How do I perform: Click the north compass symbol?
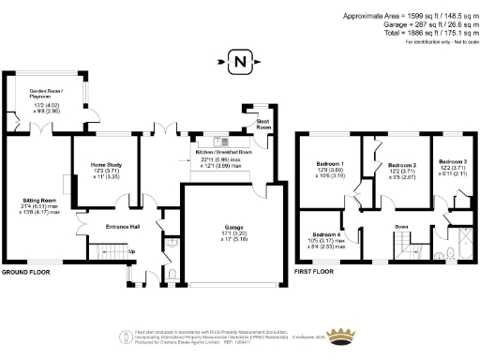tap(241, 63)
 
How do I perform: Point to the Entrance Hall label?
tap(122, 226)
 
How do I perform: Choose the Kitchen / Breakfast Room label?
tap(223, 151)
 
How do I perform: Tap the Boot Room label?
tap(265, 123)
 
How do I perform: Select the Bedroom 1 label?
tap(329, 164)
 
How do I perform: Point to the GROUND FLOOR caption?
tap(26, 272)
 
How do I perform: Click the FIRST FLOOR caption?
tap(314, 272)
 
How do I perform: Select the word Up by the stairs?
tap(131, 250)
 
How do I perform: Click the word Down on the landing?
tap(401, 227)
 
